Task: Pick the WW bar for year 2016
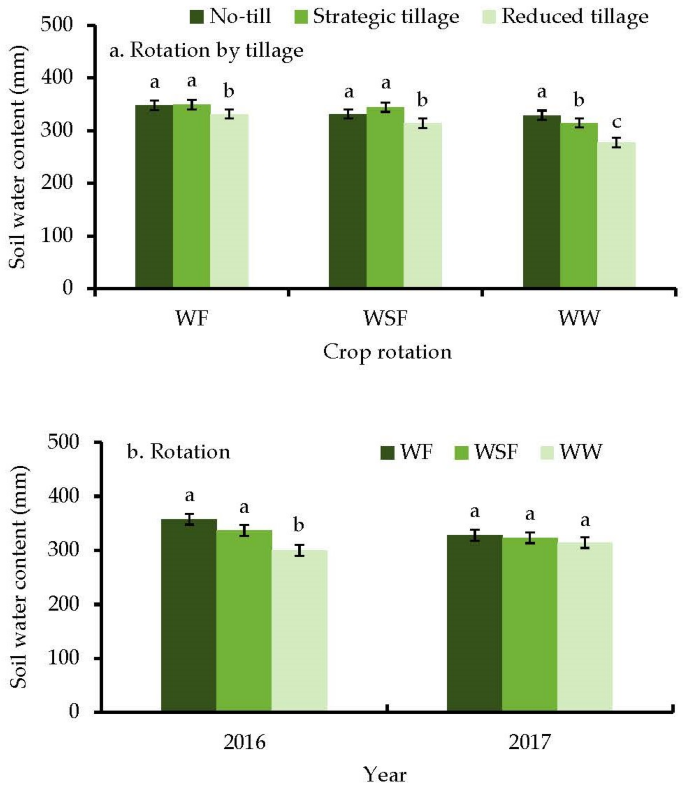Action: [299, 631]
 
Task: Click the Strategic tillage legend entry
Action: [377, 17]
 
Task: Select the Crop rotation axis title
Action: [387, 352]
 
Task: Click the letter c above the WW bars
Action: [616, 122]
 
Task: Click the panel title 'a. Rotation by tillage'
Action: [206, 51]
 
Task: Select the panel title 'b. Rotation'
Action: [179, 452]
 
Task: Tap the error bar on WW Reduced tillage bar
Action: [616, 142]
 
